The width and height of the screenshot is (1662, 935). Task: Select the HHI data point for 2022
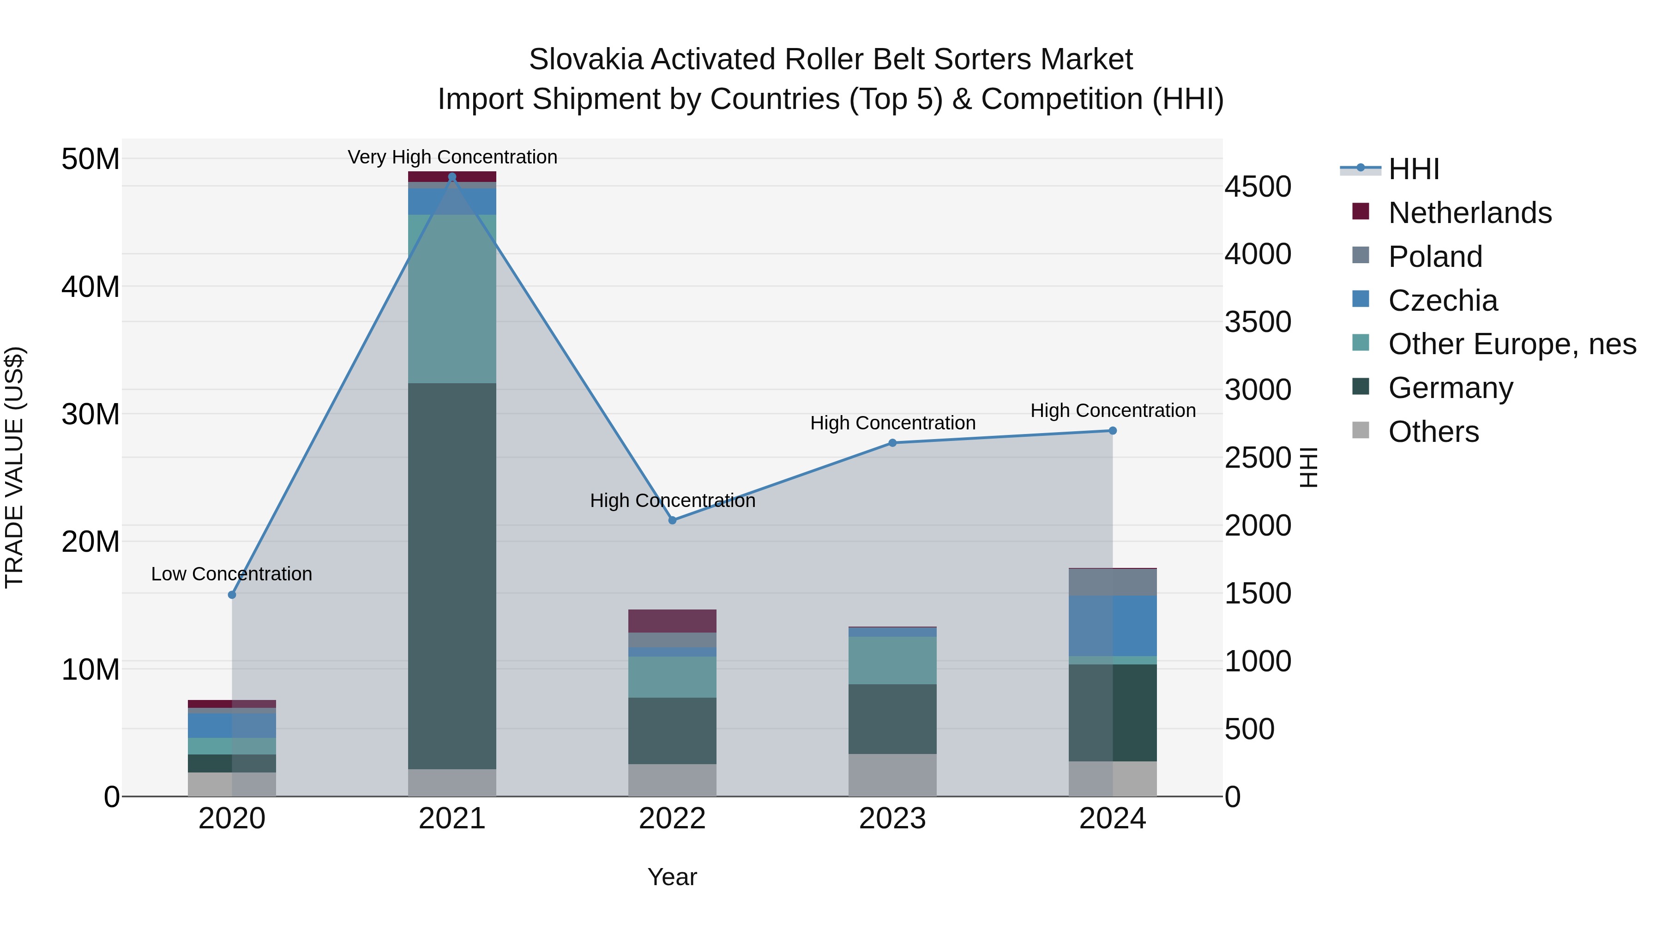point(672,520)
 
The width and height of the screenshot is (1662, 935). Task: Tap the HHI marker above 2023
point(892,443)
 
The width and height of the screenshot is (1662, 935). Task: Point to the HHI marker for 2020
point(232,594)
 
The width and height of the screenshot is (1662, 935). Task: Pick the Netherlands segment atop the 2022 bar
point(672,621)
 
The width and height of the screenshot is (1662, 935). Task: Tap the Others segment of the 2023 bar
point(892,774)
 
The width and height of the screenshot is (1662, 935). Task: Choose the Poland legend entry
point(1435,257)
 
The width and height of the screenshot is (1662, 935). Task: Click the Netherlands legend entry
point(1469,213)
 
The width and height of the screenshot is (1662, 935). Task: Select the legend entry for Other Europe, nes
point(1511,344)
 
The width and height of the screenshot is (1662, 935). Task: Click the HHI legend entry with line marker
point(1413,169)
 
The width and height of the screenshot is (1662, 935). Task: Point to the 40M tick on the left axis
point(90,286)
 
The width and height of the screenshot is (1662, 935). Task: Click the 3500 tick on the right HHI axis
point(1258,322)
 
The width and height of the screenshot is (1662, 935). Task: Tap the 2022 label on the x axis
point(672,819)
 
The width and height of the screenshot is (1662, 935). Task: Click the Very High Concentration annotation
point(452,157)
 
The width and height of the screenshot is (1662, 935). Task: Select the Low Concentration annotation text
point(232,573)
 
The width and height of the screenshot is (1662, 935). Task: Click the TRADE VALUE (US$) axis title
point(14,467)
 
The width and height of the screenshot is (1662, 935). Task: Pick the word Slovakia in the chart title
point(586,60)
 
